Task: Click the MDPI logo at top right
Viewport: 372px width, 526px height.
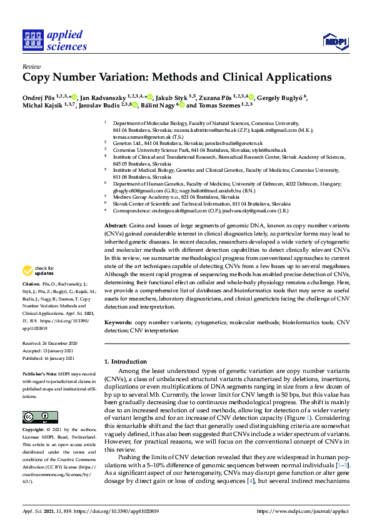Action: click(x=334, y=41)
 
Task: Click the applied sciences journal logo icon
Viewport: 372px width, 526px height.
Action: click(x=31, y=41)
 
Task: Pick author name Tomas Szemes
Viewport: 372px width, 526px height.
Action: click(x=214, y=106)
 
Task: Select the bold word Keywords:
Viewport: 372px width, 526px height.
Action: click(x=118, y=322)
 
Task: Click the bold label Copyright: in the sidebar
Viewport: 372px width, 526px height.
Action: click(x=34, y=431)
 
